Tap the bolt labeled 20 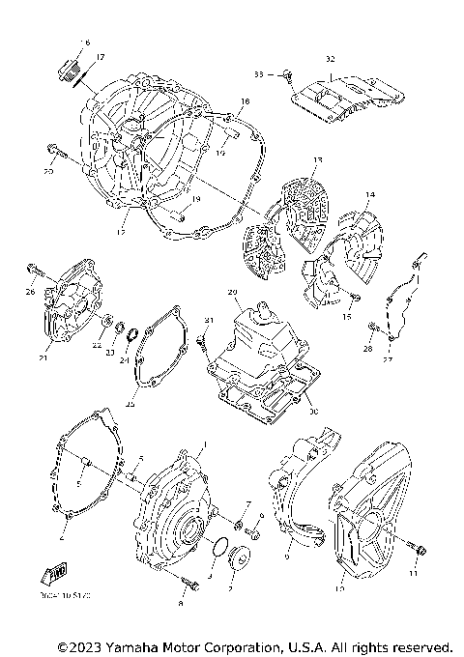[x=56, y=150]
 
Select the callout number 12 [x=122, y=232]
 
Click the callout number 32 [x=331, y=59]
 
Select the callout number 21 [x=42, y=357]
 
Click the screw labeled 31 [x=200, y=339]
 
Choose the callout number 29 [x=232, y=291]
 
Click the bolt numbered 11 [x=416, y=548]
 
